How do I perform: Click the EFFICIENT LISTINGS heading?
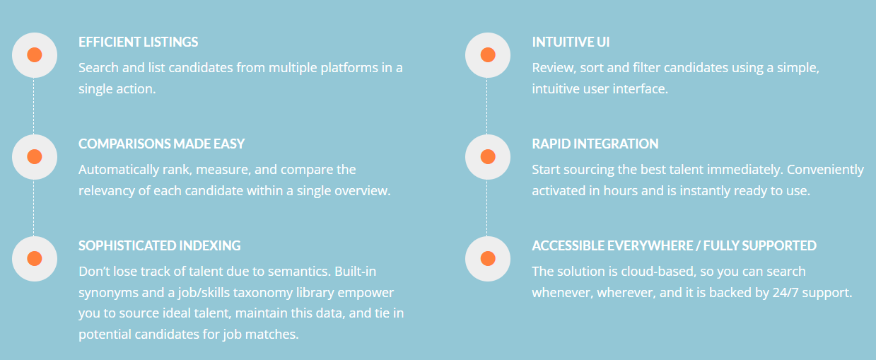tap(138, 42)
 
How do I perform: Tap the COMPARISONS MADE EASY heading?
tap(161, 144)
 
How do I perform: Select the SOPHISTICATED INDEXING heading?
tap(159, 245)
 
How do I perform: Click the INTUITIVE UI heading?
tap(571, 42)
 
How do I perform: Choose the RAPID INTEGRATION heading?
tap(595, 144)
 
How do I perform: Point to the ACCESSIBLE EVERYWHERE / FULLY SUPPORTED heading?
tap(674, 245)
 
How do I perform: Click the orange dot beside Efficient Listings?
tap(34, 55)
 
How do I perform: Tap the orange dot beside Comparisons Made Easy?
tap(34, 156)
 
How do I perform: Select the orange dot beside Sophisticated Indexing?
tap(34, 258)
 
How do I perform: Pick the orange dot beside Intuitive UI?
tap(487, 55)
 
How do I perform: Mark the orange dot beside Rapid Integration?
tap(487, 156)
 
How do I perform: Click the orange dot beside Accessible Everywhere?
tap(487, 258)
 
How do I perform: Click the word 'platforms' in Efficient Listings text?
tap(342, 68)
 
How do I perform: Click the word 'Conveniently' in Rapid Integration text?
tap(825, 170)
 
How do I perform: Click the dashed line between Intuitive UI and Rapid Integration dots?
tap(487, 106)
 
